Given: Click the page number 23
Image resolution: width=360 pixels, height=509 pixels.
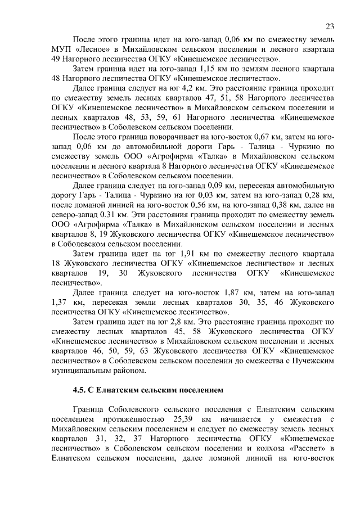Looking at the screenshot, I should pos(330,25).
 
